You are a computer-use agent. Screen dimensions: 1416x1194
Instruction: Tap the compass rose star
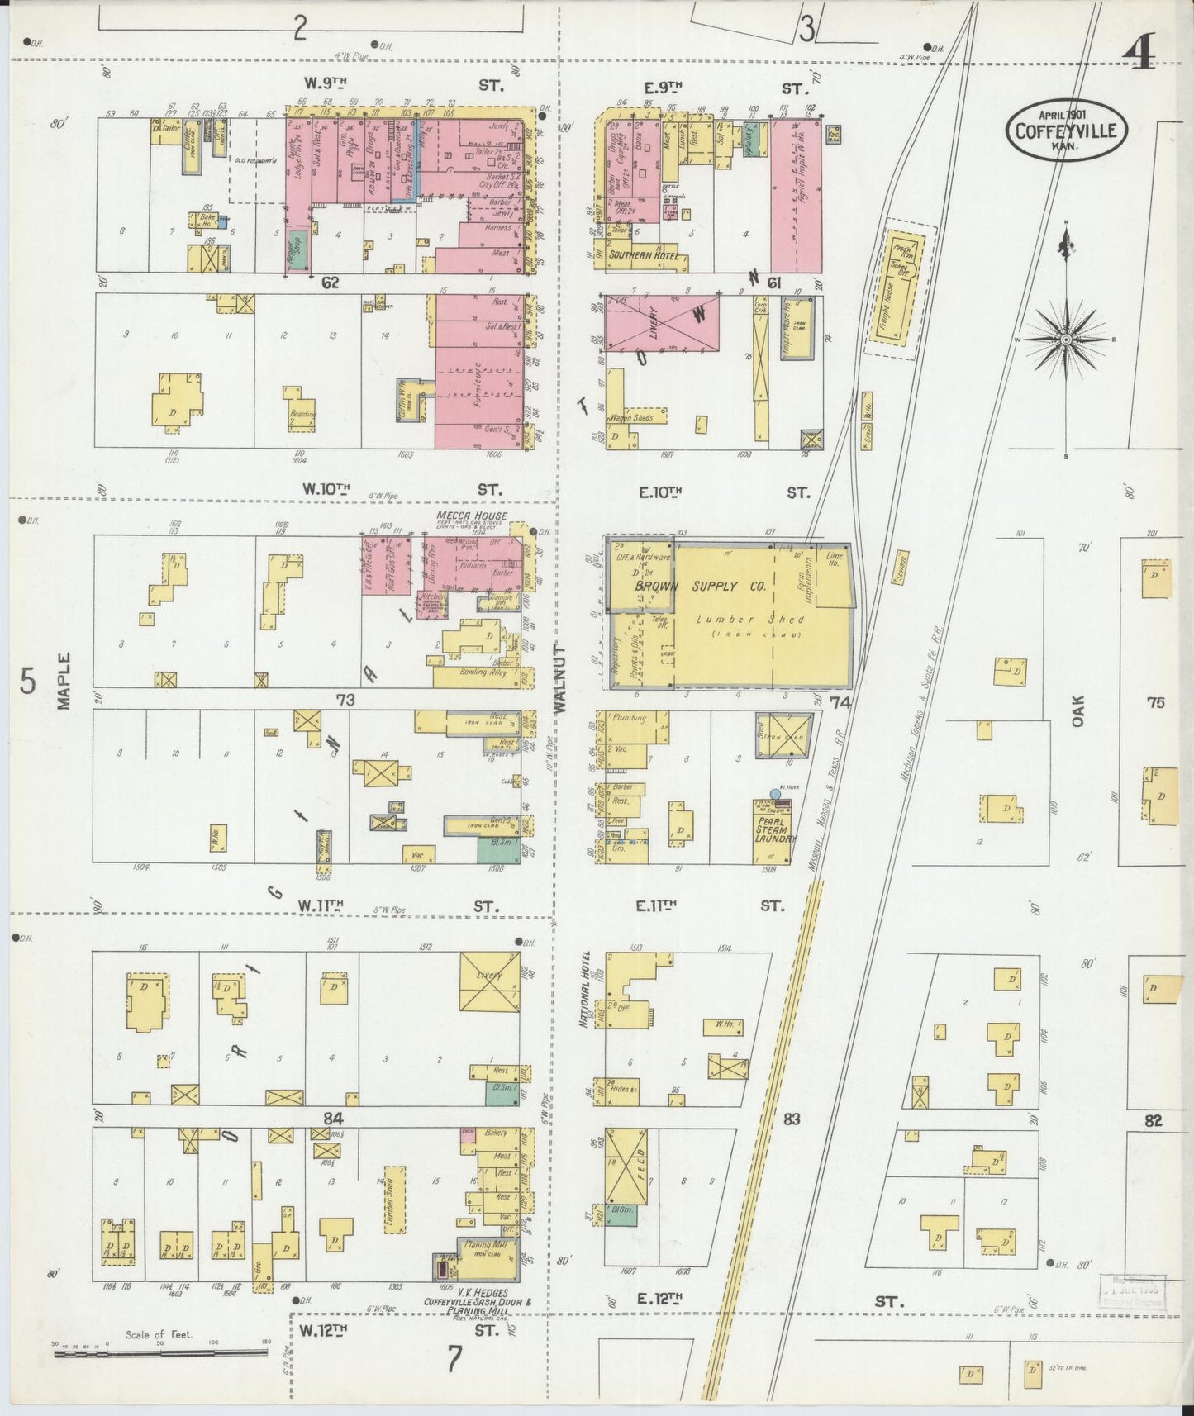1066,340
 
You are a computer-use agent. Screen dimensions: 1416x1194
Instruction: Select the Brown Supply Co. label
701,586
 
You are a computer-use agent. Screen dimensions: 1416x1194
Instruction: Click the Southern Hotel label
644,256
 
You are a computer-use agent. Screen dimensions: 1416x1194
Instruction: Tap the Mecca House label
472,516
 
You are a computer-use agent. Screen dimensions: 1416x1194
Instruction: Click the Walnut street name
559,677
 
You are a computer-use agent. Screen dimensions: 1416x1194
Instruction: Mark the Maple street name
64,680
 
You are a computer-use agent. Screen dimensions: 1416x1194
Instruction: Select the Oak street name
1077,709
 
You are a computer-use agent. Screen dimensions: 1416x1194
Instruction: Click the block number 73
345,700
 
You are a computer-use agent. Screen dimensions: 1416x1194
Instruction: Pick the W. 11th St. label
322,906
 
